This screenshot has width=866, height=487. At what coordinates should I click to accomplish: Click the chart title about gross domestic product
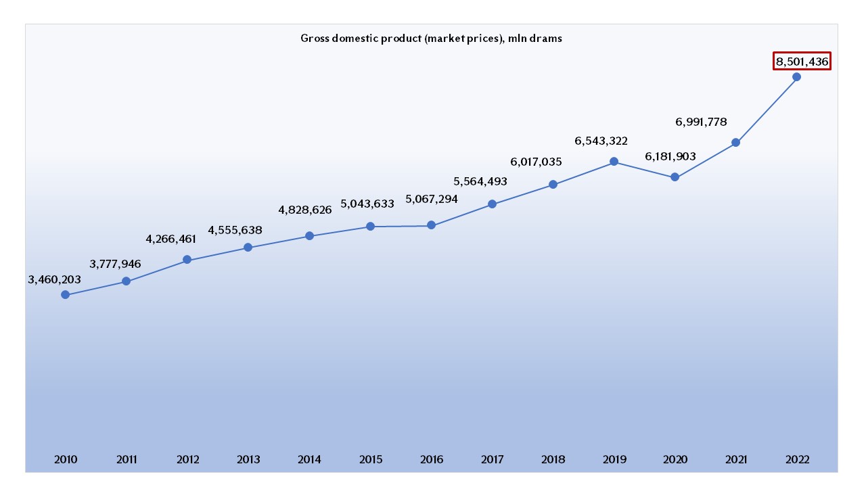(431, 39)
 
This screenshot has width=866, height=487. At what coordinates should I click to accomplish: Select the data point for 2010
(65, 294)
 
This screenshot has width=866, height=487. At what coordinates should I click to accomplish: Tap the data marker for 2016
(431, 225)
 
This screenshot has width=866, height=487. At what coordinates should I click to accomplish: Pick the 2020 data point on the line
(675, 177)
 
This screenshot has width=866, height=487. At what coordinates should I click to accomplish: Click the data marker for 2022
(796, 76)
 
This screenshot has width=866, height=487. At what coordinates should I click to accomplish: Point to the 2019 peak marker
(614, 162)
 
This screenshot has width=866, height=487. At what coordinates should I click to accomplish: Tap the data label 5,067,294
(432, 200)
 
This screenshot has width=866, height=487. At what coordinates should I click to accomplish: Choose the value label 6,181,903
(670, 156)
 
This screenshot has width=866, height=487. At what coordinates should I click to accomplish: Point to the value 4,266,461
(171, 239)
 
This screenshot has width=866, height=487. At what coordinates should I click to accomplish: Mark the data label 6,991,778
(701, 122)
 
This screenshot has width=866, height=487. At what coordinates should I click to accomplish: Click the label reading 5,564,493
(480, 181)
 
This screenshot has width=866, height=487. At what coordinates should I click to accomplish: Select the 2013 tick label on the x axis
(248, 460)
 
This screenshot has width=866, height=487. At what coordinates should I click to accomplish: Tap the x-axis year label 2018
(553, 460)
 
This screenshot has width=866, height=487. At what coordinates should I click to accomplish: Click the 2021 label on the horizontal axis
(735, 460)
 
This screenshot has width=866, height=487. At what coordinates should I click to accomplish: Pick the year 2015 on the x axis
(370, 460)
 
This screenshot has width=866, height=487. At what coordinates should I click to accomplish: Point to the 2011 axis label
(126, 460)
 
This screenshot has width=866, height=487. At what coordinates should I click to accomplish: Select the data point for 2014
(309, 236)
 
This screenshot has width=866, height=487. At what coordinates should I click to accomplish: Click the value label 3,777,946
(115, 263)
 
